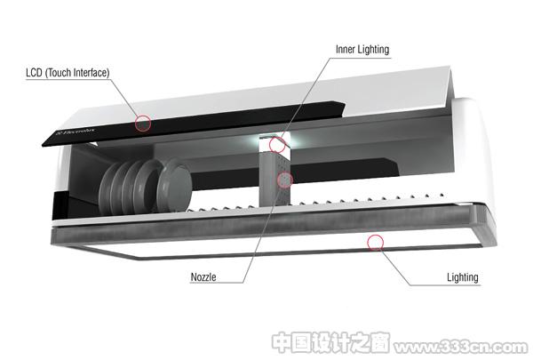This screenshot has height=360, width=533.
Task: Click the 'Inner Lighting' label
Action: [362, 50]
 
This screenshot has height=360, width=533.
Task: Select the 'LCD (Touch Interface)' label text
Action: [68, 73]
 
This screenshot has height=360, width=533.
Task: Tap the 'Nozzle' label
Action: [203, 276]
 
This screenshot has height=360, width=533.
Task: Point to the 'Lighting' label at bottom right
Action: [462, 277]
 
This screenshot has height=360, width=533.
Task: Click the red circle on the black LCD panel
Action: [143, 124]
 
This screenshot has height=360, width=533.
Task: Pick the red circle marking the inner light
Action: [277, 145]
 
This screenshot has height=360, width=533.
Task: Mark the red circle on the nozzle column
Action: [284, 180]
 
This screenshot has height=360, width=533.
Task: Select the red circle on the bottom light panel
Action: [375, 243]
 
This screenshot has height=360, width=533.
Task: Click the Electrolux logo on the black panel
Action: [75, 132]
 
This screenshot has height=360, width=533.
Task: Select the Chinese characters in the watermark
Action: [330, 342]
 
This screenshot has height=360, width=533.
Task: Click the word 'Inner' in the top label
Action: [346, 50]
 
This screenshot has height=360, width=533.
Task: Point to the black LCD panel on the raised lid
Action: [194, 124]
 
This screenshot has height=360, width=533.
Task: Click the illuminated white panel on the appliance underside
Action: [272, 244]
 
